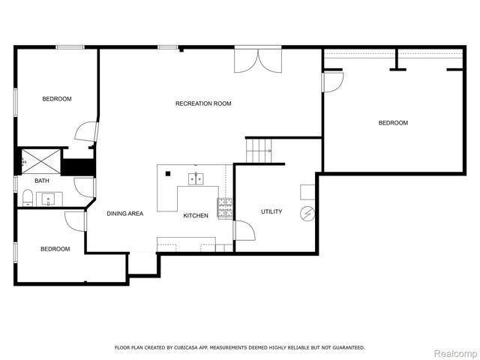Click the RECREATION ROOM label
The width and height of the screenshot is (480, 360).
point(203,103)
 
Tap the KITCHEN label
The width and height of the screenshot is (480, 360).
point(196,216)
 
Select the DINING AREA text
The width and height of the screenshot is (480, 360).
point(124,214)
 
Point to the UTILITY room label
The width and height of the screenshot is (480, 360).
point(271,211)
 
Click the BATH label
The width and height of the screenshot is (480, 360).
point(42,181)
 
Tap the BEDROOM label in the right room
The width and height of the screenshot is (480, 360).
point(393,123)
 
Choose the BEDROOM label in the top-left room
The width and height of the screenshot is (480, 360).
point(57,99)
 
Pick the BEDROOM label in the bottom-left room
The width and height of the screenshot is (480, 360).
point(55,249)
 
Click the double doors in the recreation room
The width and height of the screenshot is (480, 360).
point(259,61)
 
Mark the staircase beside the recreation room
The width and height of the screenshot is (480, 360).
point(259,151)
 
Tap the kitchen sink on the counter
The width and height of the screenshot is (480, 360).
point(197,178)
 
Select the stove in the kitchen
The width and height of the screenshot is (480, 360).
point(225,207)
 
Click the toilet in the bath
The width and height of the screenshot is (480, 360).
point(28,198)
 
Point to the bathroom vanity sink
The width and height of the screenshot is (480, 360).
point(49,199)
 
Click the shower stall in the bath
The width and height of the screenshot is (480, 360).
point(39,160)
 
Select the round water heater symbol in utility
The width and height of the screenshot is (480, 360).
point(307,214)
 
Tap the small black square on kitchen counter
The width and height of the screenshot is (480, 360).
point(168,175)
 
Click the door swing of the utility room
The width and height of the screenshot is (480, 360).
point(244,230)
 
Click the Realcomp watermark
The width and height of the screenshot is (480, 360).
point(457,353)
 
